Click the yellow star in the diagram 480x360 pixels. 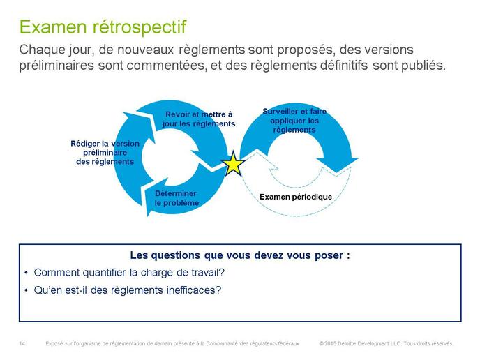point(233,164)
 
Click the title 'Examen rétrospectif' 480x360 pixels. point(103,27)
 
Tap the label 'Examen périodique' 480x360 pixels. point(296,197)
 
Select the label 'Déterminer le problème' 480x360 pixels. point(177,198)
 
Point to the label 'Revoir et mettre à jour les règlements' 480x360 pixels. point(199,119)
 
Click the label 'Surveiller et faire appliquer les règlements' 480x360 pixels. point(294,121)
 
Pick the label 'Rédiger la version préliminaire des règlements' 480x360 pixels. point(105,153)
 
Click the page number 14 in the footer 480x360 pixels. point(22,343)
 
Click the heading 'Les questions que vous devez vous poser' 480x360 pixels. point(240,255)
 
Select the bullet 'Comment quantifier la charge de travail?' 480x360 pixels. point(129,273)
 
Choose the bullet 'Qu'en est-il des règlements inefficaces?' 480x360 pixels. point(128,290)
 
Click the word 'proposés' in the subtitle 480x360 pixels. point(306,50)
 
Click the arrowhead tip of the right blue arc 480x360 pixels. point(337,172)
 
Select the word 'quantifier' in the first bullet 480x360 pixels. point(104,273)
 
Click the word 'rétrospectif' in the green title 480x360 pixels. point(139,27)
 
